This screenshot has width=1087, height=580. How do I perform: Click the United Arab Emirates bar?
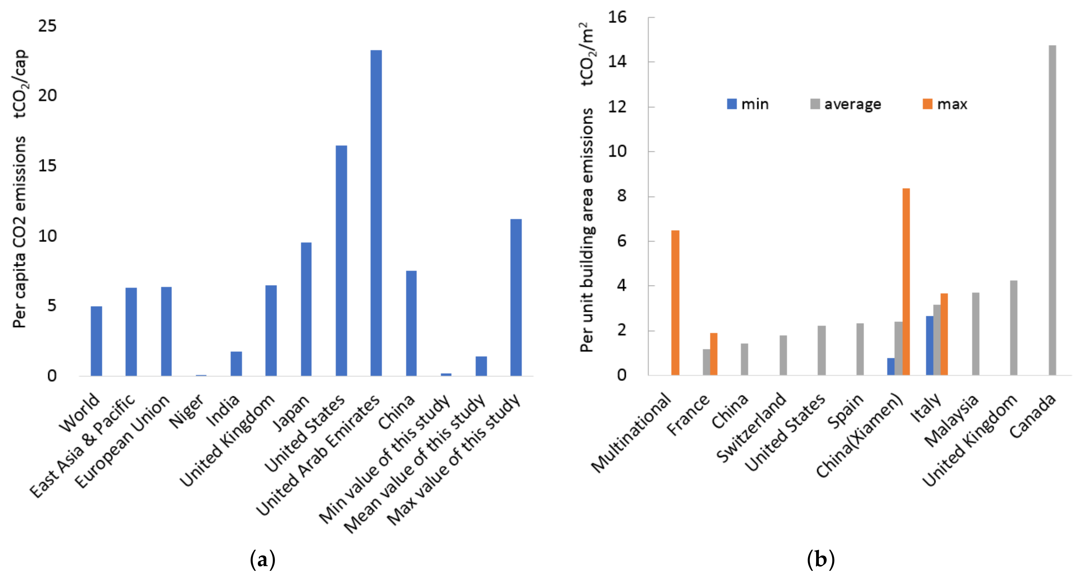coord(376,213)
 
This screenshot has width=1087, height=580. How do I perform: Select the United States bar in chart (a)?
coord(341,261)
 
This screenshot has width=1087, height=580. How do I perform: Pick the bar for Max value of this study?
coord(516,297)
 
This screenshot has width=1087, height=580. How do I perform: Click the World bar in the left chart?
coord(96,341)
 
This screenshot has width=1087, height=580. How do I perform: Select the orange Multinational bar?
coord(675,302)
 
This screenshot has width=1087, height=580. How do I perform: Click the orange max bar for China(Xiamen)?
coord(906,281)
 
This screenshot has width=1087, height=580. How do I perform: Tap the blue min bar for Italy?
coord(929,345)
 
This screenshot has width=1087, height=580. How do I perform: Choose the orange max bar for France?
coord(713,354)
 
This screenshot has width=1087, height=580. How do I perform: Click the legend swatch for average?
coord(815,104)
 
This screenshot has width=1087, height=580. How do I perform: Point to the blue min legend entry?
coord(748,104)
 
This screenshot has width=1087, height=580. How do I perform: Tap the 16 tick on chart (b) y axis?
coord(617,17)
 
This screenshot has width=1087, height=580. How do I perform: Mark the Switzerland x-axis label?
coord(751,427)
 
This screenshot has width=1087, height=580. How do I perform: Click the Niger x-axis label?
coord(186,411)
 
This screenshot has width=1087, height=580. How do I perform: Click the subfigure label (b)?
coord(820,560)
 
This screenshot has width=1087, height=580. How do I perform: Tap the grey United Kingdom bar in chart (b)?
coord(1013,328)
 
